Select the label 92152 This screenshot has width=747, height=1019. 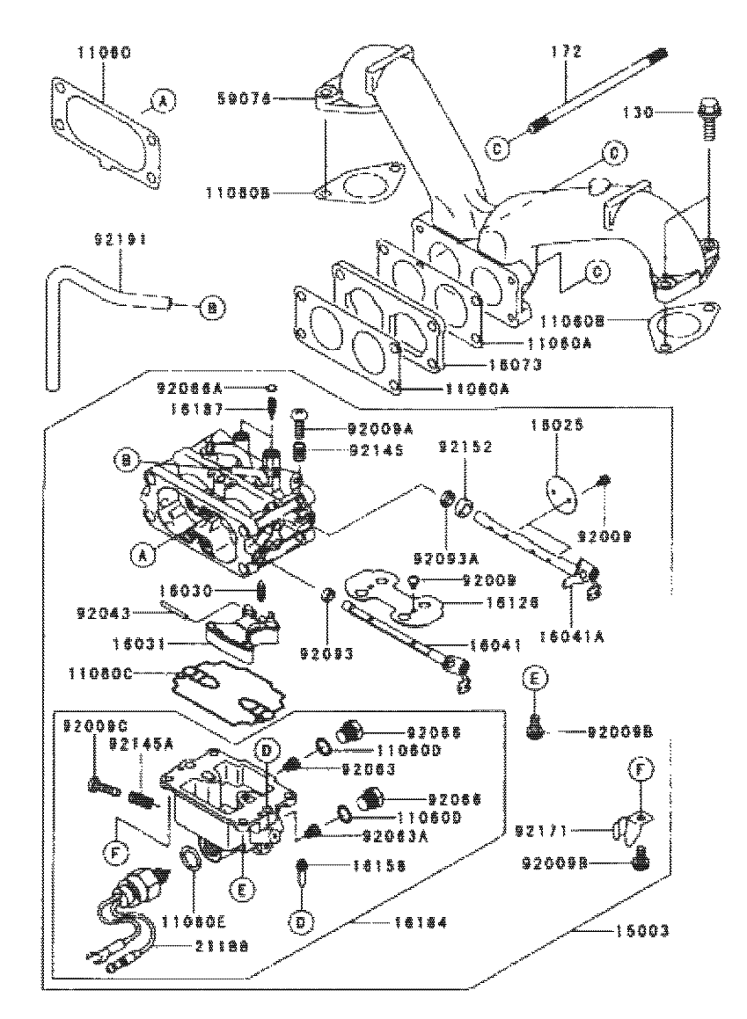(x=461, y=446)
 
